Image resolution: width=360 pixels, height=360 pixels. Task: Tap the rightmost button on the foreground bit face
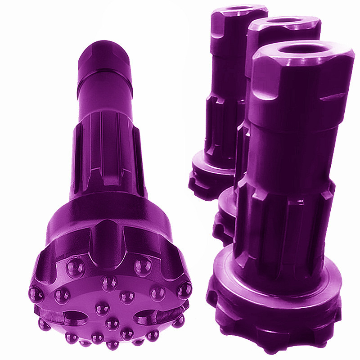(184, 290)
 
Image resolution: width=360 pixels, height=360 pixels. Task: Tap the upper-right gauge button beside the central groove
(143, 266)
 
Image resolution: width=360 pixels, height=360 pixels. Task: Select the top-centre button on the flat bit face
(108, 283)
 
